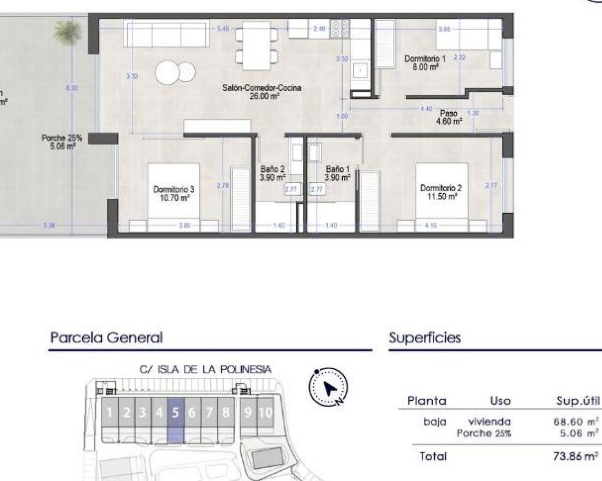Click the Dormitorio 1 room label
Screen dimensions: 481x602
click(425, 63)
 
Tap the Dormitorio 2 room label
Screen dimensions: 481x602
click(441, 192)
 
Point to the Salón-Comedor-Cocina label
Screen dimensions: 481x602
click(261, 92)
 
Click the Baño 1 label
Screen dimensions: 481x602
click(337, 173)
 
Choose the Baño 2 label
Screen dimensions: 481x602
click(272, 173)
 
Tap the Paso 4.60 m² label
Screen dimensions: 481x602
click(449, 117)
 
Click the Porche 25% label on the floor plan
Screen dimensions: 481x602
click(62, 142)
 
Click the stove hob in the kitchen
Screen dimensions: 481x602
click(340, 29)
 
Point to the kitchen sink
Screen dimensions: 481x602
click(361, 71)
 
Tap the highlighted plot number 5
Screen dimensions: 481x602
click(175, 413)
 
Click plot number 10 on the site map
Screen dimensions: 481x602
click(265, 412)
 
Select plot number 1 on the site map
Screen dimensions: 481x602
click(110, 413)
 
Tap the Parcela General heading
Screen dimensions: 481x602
click(106, 337)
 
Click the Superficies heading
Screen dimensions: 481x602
click(425, 337)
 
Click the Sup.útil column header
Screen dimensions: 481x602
click(578, 401)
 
